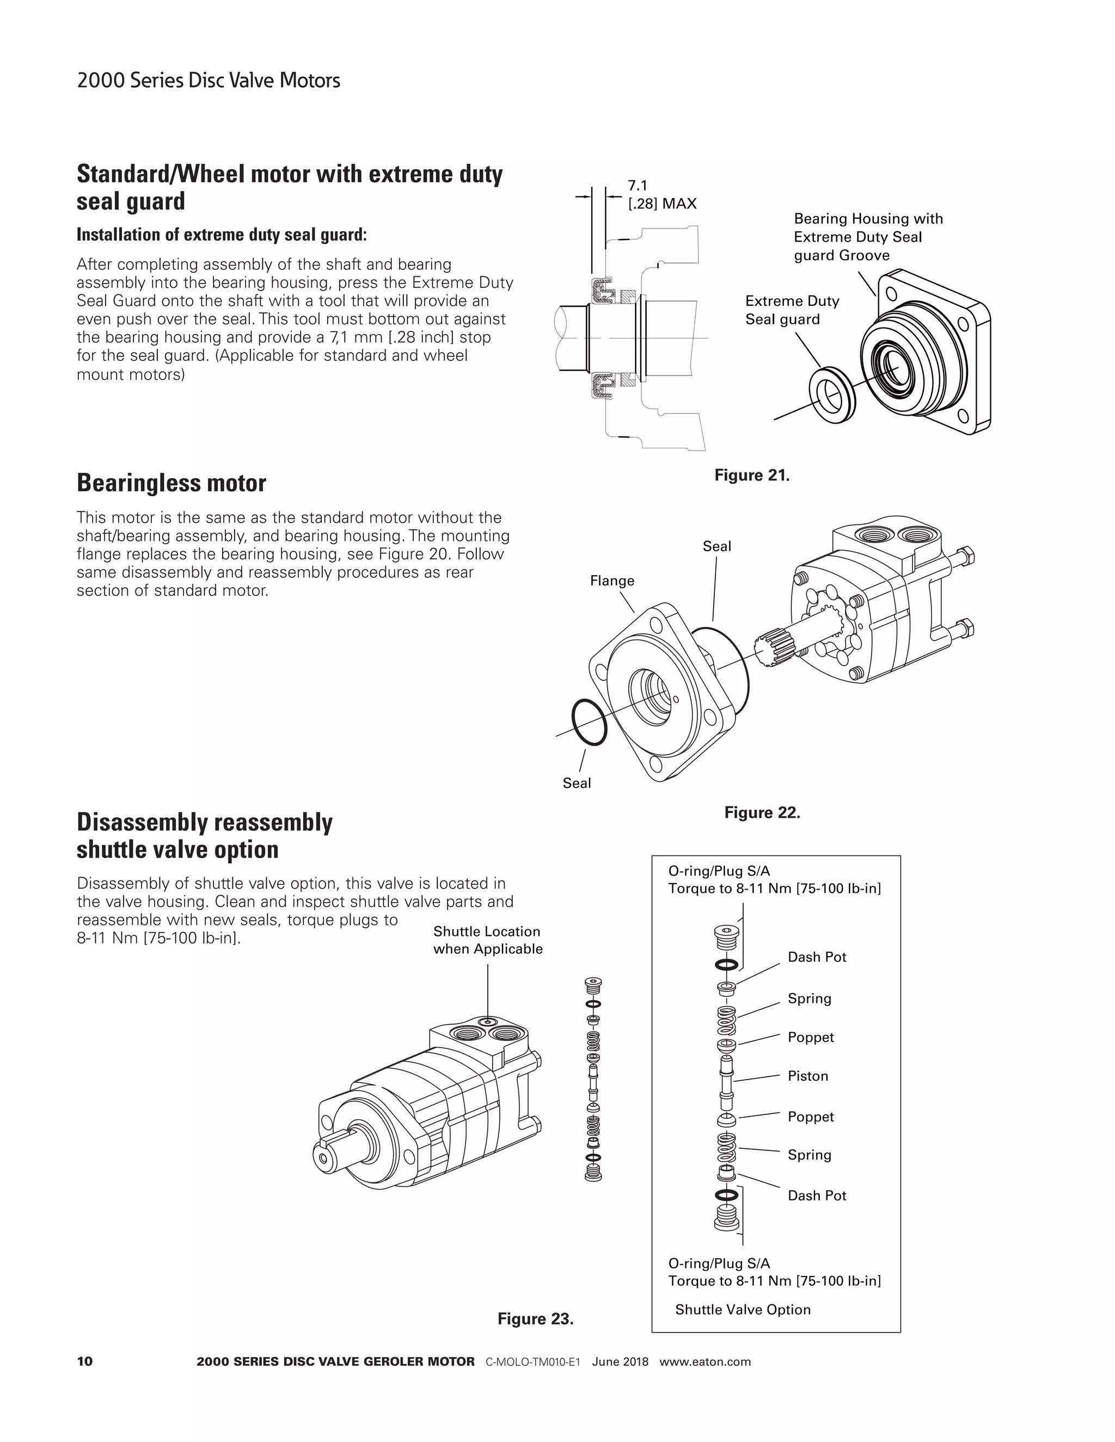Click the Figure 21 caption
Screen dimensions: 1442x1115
(x=752, y=476)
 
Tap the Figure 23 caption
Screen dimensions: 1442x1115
(x=535, y=1318)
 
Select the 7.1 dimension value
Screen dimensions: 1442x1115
(x=638, y=186)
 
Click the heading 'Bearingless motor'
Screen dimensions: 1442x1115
(x=171, y=483)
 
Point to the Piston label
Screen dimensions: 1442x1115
(x=807, y=1076)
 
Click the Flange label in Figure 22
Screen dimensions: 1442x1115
(x=611, y=581)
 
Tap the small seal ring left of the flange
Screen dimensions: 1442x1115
(x=589, y=722)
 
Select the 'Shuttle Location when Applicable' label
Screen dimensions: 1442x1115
(x=487, y=940)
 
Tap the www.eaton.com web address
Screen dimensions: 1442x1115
(x=705, y=1361)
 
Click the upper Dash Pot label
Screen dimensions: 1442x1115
(x=817, y=957)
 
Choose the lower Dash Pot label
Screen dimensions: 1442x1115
(x=817, y=1195)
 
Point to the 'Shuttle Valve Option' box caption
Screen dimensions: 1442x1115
(x=743, y=1309)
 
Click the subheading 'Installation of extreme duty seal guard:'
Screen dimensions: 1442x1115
(x=221, y=235)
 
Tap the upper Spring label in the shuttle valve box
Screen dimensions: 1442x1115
(x=809, y=999)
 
